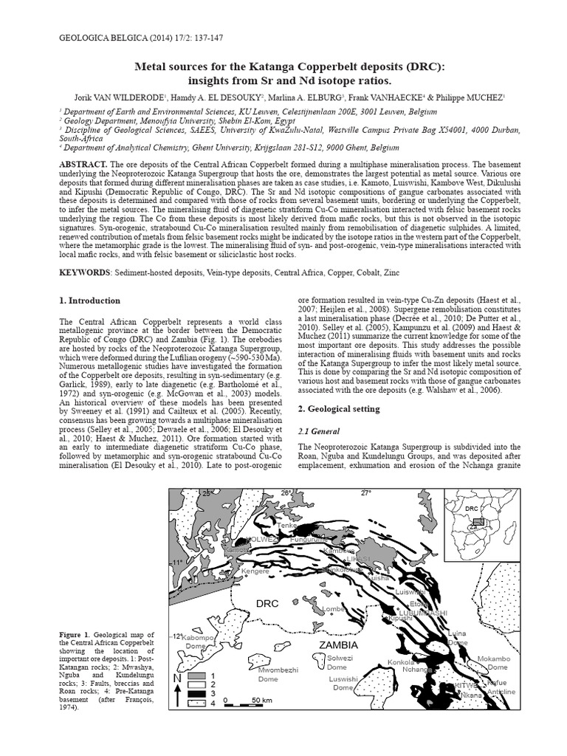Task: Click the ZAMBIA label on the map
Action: (338, 645)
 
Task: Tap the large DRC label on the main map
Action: (267, 603)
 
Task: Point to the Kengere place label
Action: (255, 571)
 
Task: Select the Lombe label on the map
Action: (333, 608)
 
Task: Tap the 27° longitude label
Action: (365, 492)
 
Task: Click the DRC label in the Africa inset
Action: (472, 509)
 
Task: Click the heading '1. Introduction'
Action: (89, 300)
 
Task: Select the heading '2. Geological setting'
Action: (338, 408)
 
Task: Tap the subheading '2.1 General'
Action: (317, 431)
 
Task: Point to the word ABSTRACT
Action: (83, 163)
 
